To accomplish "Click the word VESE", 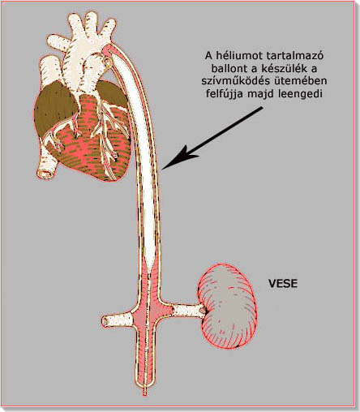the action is pos(283,283).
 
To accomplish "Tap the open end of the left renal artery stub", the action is pos(105,321).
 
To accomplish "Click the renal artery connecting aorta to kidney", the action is pos(188,311).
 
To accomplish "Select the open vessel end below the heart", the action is pos(45,173).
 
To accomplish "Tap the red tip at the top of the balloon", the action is pos(107,50).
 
